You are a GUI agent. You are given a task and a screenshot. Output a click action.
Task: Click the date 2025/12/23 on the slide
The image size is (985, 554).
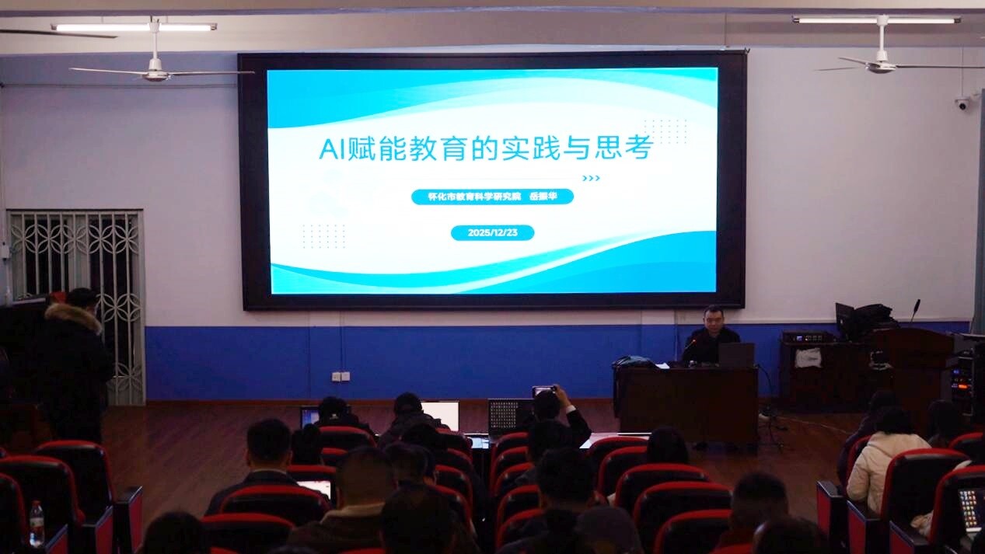tap(493, 233)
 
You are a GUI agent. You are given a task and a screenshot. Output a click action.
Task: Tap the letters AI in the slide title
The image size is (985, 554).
tap(333, 149)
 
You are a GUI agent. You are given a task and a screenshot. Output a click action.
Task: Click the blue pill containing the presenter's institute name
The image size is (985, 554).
tap(493, 197)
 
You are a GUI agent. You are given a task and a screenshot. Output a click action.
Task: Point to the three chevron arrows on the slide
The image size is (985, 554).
tap(591, 178)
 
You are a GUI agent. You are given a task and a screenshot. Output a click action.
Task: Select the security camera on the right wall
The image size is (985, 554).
tap(962, 103)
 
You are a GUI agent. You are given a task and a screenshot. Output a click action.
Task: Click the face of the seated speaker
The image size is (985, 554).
tap(713, 320)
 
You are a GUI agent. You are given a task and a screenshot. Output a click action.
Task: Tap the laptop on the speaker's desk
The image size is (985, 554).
tap(736, 355)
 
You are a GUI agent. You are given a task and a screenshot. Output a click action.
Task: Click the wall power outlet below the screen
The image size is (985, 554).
tap(341, 377)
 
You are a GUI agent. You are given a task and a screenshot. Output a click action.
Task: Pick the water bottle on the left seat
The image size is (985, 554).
tap(37, 524)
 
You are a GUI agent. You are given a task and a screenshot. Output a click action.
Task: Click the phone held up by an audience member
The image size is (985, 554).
tap(544, 390)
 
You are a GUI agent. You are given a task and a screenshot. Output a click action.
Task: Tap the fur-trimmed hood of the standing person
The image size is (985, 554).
tap(74, 315)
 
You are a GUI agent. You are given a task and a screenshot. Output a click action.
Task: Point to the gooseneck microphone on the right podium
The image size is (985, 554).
tap(914, 311)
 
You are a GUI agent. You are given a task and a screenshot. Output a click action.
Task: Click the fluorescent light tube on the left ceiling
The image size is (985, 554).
tap(134, 27)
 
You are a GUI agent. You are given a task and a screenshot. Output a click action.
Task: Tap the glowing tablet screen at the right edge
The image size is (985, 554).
tap(970, 509)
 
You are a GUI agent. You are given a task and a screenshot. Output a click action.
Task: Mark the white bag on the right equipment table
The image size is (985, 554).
tap(809, 358)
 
